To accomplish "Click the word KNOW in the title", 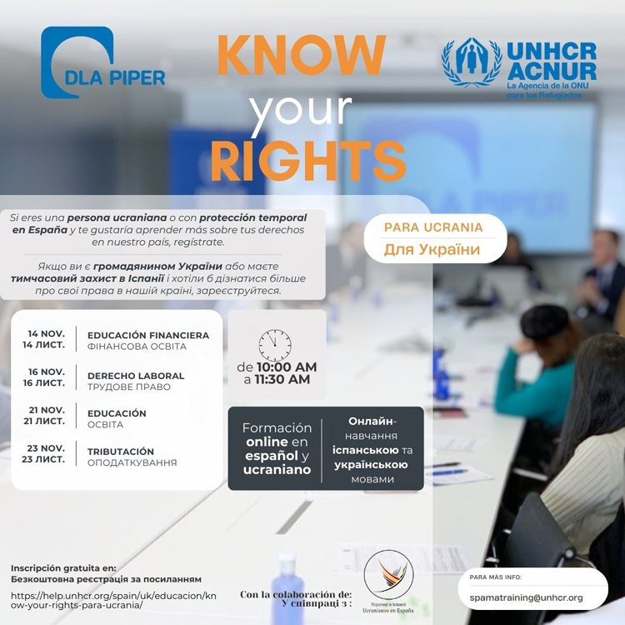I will (301, 57).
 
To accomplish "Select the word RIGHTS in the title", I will (307, 160).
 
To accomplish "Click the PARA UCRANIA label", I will (432, 227).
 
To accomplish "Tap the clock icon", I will (275, 345).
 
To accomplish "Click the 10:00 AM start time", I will (286, 367).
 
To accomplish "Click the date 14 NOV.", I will (46, 333).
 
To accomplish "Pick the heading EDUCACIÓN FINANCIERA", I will (148, 336).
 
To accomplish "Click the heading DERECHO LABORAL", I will (136, 376).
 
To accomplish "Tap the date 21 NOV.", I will (47, 410).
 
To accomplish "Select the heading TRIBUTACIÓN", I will (121, 451).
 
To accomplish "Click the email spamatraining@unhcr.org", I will (526, 597).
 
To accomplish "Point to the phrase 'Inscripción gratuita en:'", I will (63, 567).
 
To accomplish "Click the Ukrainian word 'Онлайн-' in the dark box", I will (372, 421).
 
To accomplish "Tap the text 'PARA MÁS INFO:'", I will (497, 577).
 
